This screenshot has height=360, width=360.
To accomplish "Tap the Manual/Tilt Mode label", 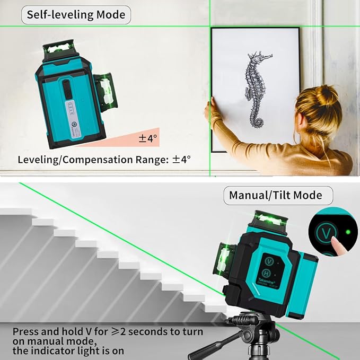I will [x=275, y=195].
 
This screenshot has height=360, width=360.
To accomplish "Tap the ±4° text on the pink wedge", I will [x=148, y=139].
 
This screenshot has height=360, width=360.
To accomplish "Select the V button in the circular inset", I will [x=327, y=234].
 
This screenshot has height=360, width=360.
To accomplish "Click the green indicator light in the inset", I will [x=347, y=232].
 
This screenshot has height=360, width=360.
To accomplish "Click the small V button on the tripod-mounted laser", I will [x=269, y=262].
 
